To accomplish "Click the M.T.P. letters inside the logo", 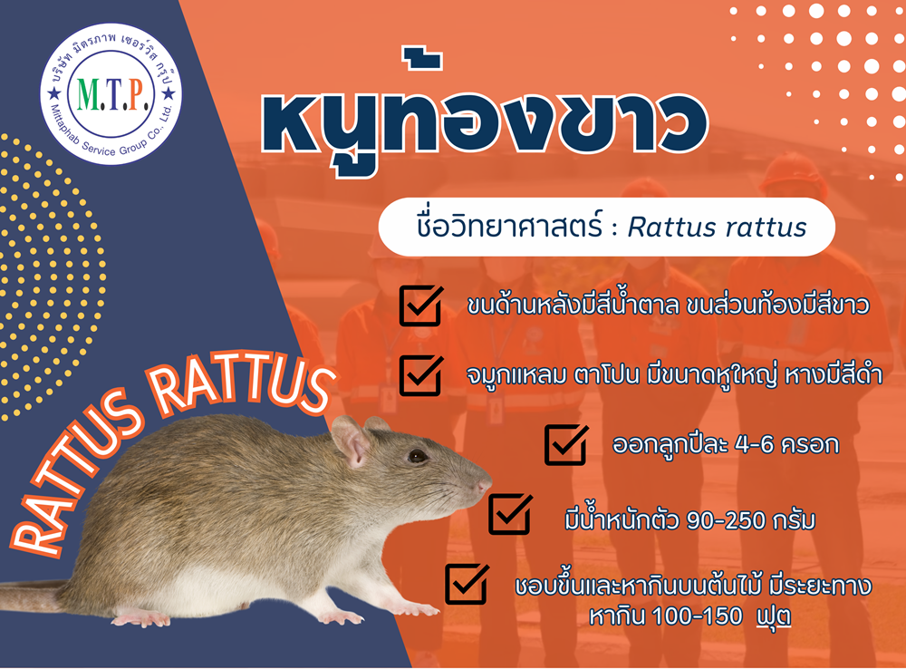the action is pos(111,94).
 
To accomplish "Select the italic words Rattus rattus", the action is pos(717,228).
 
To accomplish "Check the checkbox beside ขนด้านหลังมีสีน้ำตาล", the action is pos(421,305).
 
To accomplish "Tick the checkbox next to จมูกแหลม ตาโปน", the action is pos(421,376).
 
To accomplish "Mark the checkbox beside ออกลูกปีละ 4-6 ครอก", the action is pos(566,445).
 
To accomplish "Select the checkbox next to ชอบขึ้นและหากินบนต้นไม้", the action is pos(467,584).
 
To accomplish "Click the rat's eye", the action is pos(417,456).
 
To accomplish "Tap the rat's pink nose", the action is pos(484,485).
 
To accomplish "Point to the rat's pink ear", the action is pos(351,441).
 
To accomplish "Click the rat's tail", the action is pos(34,596).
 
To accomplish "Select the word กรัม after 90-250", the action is pos(794,520).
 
